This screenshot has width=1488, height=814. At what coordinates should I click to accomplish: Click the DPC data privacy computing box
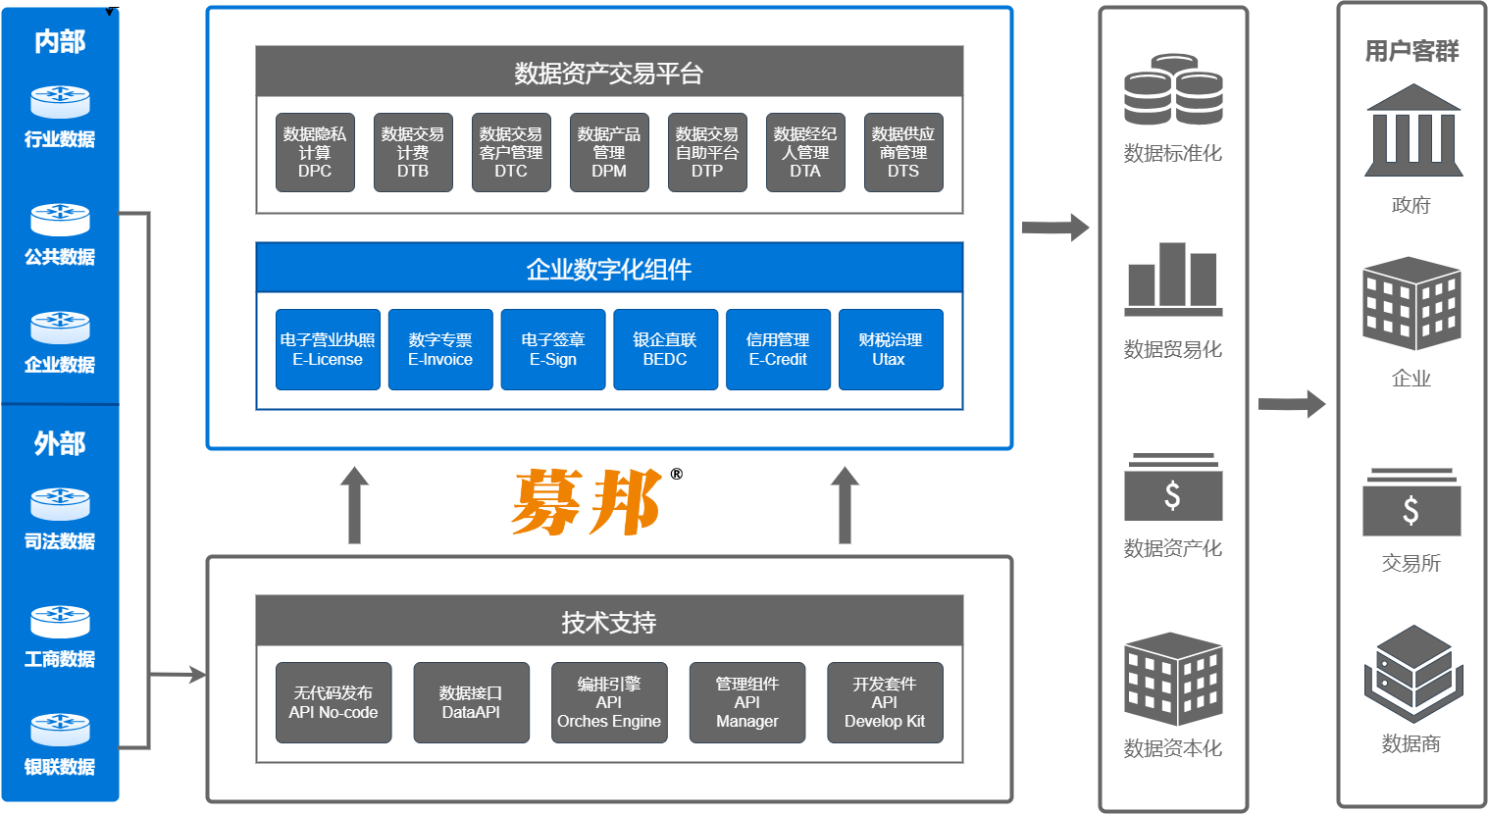coord(315,152)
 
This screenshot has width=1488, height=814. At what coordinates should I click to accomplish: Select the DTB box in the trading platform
coord(413,152)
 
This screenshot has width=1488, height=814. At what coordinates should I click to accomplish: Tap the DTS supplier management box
coord(903,152)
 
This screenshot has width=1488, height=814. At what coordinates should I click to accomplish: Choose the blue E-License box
coord(328,349)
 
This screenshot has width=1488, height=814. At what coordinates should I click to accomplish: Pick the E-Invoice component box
coord(440,349)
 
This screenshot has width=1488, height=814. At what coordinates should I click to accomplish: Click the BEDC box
coord(665,349)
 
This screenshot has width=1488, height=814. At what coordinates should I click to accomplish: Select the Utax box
coord(890,349)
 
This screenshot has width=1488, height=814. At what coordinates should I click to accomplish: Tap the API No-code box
coord(334,702)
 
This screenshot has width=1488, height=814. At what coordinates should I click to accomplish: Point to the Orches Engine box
coord(609,702)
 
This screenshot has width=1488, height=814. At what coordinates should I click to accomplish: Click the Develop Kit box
coord(885,702)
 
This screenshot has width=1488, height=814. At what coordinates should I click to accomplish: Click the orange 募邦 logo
coord(589,501)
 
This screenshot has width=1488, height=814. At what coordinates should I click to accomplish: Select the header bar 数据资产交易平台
coord(609,73)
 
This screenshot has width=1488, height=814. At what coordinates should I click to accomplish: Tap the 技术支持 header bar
coord(609,622)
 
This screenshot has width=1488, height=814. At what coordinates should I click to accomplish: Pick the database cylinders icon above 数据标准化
coord(1173,89)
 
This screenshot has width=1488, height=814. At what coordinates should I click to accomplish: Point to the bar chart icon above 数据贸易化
coord(1173,279)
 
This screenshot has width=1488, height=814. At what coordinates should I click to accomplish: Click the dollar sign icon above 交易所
coord(1411,504)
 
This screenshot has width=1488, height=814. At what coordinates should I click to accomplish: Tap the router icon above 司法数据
coord(60,504)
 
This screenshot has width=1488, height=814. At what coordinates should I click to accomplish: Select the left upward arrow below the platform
coord(354,504)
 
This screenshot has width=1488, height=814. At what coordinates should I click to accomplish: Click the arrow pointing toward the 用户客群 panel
coord(1291,403)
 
